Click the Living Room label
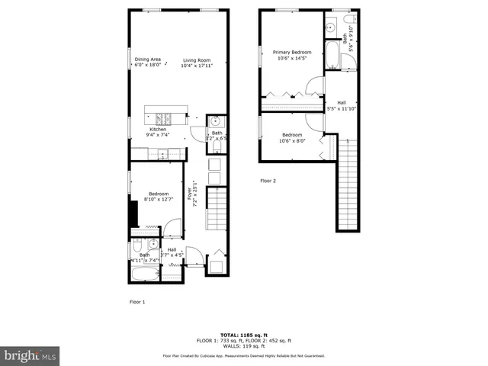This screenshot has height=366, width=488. [197, 63]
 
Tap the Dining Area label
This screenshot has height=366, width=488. [147, 62]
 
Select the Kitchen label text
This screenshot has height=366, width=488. [157, 132]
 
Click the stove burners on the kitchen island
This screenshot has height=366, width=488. [163, 117]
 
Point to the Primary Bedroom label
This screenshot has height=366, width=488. [292, 55]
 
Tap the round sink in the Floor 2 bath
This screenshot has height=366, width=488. [331, 27]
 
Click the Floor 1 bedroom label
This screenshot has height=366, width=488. [159, 197]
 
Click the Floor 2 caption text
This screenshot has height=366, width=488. [268, 181]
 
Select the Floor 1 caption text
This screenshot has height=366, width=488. [136, 302]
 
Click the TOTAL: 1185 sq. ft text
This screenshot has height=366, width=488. [243, 335]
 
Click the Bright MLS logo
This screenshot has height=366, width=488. [30, 355]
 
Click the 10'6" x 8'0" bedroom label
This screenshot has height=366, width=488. [291, 137]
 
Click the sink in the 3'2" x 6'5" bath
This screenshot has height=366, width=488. [215, 121]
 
